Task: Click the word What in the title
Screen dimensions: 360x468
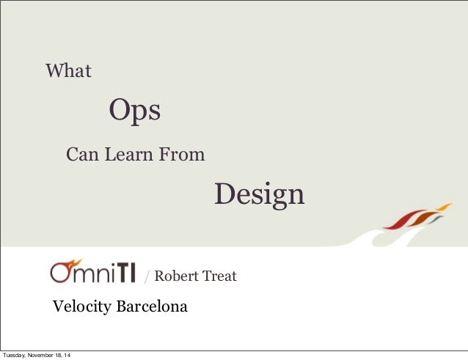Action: pos(68,71)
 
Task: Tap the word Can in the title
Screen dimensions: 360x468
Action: pos(81,155)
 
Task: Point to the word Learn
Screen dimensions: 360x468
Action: pos(130,155)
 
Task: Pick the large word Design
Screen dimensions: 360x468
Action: pos(259,194)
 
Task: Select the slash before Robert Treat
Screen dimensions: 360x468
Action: pos(147,277)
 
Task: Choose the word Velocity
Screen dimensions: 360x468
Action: pos(80,306)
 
